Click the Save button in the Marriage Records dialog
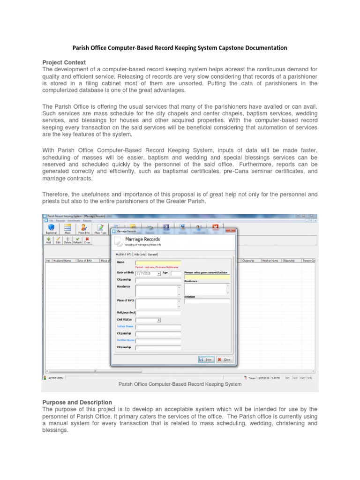[x=206, y=360]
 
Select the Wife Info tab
[x=139, y=254]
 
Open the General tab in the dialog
[x=153, y=254]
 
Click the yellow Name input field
[x=158, y=263]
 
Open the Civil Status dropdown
[x=148, y=320]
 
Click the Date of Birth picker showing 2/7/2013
[x=148, y=273]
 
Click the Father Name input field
[x=158, y=327]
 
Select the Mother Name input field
[x=158, y=340]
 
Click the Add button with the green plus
[x=48, y=240]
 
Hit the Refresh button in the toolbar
[x=77, y=240]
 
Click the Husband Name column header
[x=62, y=261]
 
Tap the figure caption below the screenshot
[x=180, y=384]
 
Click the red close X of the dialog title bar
[x=231, y=231]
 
